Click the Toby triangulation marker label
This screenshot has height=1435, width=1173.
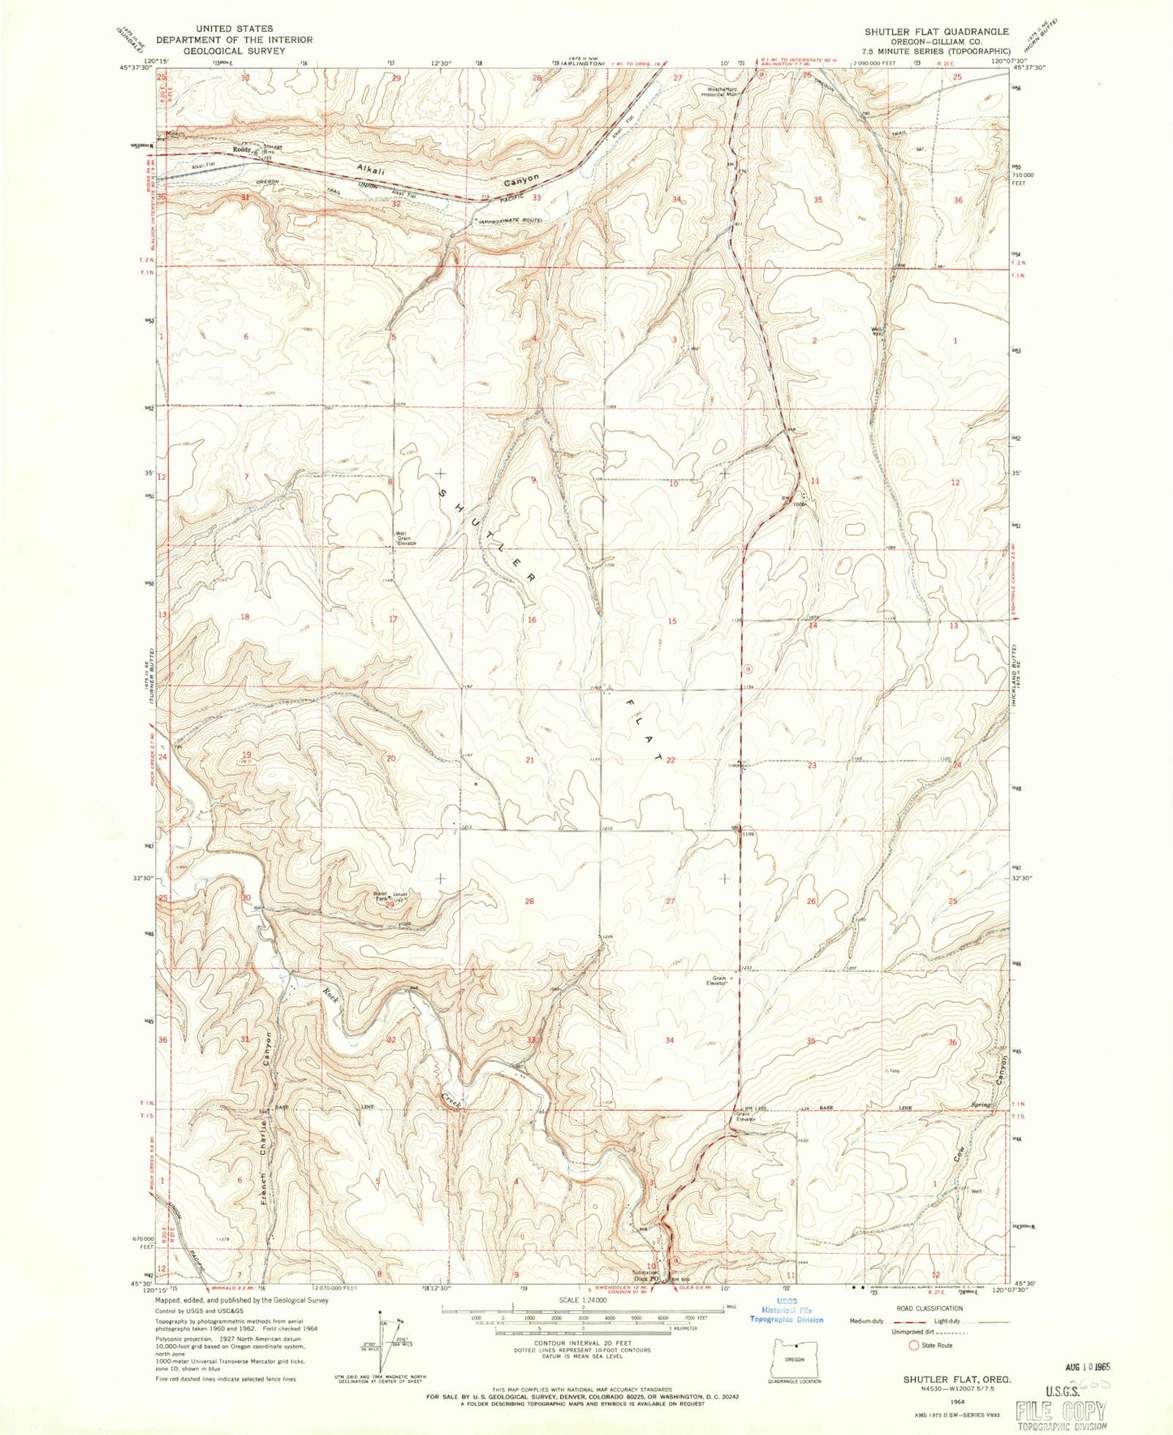point(895,1070)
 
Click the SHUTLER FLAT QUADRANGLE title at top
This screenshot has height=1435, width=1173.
point(938,32)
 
